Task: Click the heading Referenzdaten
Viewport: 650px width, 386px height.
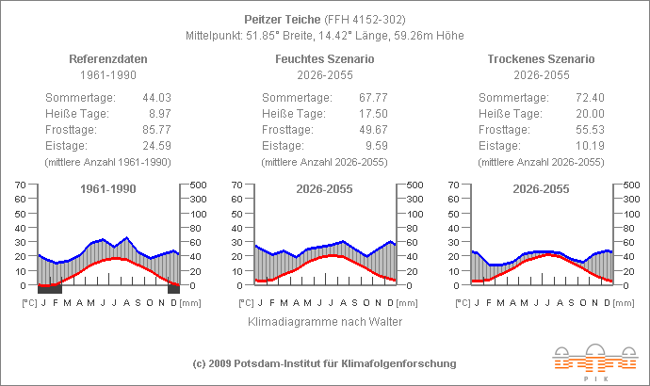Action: tap(107, 58)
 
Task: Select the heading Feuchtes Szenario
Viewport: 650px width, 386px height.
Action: tap(324, 58)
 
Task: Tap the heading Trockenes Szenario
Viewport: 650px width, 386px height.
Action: tap(541, 58)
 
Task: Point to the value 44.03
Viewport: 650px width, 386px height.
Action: tap(156, 98)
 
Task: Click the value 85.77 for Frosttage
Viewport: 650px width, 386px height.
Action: tap(156, 130)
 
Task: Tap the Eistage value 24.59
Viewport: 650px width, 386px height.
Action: tap(156, 146)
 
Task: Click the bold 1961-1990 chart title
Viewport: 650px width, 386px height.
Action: tap(107, 189)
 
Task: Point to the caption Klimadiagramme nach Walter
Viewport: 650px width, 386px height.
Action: tap(324, 322)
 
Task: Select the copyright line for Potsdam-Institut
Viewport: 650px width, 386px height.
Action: tap(324, 363)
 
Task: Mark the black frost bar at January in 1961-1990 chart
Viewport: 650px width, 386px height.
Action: tap(50, 289)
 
